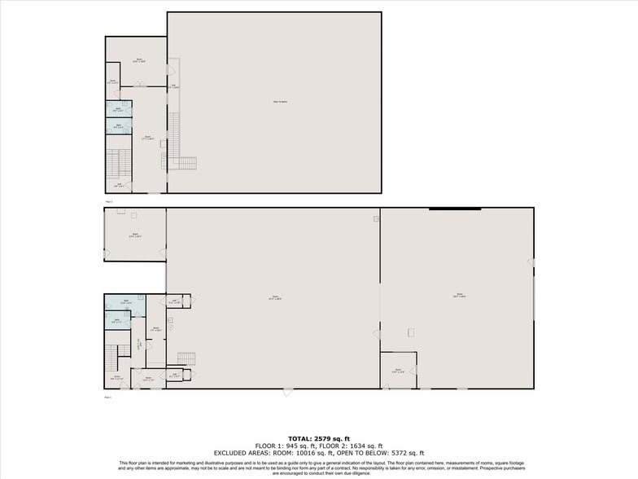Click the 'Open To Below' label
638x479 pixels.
[274, 102]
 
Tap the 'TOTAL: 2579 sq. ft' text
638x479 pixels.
[318, 439]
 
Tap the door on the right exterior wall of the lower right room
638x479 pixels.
[531, 262]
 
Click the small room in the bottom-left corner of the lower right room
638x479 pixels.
[398, 370]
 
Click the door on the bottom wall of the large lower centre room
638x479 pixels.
[286, 392]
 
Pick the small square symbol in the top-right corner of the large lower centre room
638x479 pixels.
[376, 218]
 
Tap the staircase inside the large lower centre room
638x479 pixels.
[186, 358]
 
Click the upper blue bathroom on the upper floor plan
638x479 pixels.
[118, 109]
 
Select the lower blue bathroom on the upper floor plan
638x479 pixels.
[118, 126]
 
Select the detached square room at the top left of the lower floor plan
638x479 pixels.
[134, 235]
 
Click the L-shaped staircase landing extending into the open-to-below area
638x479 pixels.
[184, 162]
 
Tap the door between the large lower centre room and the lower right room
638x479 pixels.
[377, 333]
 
